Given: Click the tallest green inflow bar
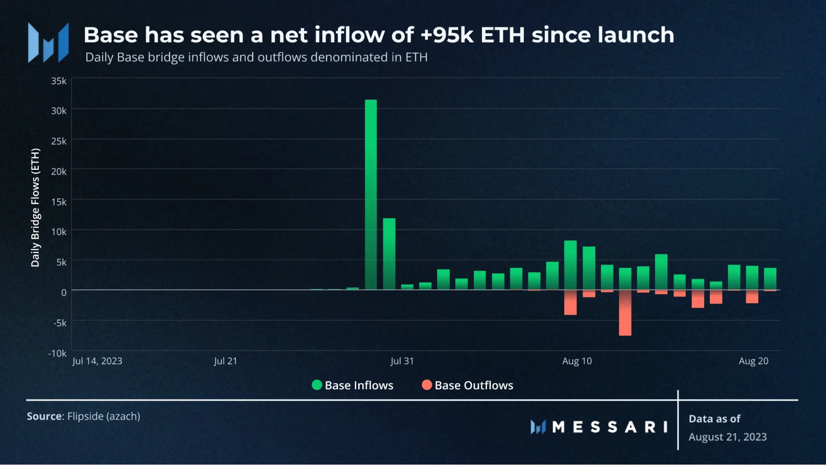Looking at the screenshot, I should coord(371,194).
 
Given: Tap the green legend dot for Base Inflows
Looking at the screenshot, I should coord(317,385).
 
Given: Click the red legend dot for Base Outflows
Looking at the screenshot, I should coord(427,385).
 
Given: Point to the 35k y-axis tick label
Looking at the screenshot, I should coord(59,81).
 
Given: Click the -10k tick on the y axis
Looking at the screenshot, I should coord(57,353).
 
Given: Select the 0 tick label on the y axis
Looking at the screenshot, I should coord(64,293).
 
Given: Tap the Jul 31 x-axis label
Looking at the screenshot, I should coord(402,361).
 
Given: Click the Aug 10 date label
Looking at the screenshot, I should coord(577,361).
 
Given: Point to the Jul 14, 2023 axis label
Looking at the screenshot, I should coord(97,361).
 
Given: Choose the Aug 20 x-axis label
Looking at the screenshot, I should coord(753,361).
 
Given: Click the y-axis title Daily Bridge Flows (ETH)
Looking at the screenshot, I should coord(36,207).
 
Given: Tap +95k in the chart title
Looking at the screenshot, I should coord(447,35).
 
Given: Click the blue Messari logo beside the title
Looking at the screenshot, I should coord(48,43).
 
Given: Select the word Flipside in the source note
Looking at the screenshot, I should coord(86,416).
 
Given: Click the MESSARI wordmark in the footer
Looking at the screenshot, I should coord(609,427).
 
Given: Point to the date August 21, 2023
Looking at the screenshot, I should coord(728,437).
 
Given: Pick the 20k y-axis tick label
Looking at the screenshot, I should coord(59,172).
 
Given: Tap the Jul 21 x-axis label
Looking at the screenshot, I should coord(225,361).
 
